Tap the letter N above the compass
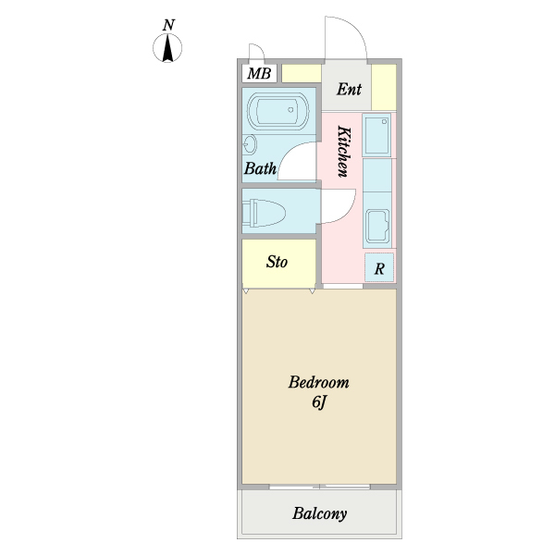click(x=168, y=26)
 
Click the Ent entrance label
click(x=349, y=90)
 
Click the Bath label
click(x=260, y=169)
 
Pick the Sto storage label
click(x=277, y=263)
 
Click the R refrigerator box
click(x=379, y=268)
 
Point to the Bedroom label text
click(x=318, y=382)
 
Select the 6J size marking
click(x=318, y=402)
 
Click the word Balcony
click(x=320, y=514)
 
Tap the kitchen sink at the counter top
click(x=377, y=136)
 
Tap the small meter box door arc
click(x=257, y=54)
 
